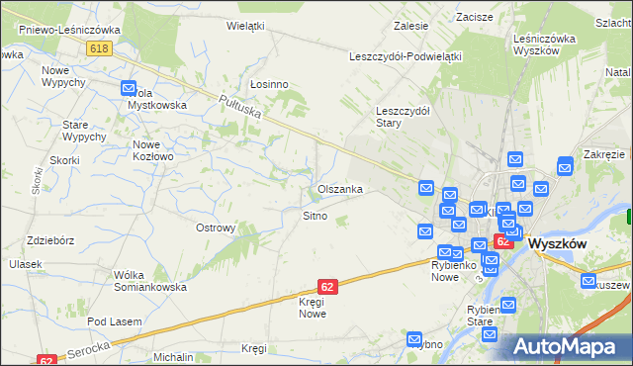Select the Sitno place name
click(315, 215)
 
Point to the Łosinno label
click(268, 84)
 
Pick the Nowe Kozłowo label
click(153, 149)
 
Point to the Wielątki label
click(245, 25)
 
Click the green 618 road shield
click(98, 48)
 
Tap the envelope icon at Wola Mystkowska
click(129, 89)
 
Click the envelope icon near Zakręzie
click(565, 166)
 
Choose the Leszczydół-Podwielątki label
click(406, 56)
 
